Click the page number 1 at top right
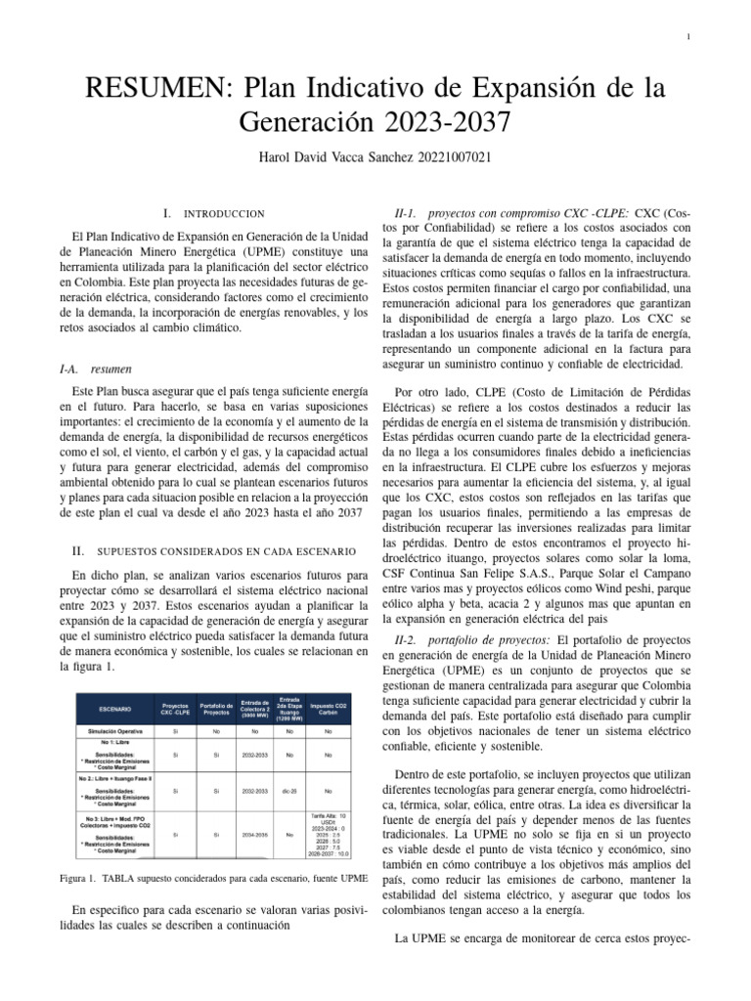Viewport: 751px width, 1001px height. tap(690, 37)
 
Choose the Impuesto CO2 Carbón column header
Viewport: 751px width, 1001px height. tap(329, 707)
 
